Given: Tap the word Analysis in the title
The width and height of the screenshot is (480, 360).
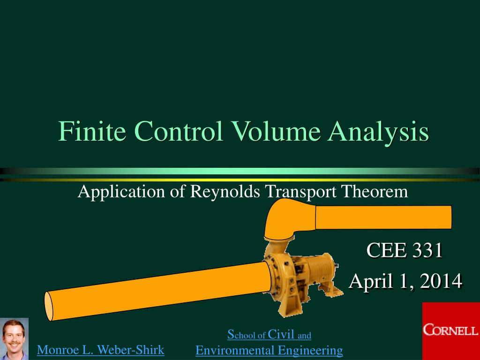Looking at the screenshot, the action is click(x=378, y=133).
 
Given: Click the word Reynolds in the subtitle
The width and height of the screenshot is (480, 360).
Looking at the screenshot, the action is click(x=225, y=191).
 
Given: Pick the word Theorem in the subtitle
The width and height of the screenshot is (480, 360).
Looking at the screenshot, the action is click(x=375, y=191).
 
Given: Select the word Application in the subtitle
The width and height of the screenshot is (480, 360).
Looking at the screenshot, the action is click(x=121, y=192).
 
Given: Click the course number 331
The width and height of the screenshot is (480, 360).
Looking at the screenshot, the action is click(x=427, y=250).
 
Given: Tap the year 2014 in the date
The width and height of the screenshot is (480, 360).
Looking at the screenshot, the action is click(x=441, y=281).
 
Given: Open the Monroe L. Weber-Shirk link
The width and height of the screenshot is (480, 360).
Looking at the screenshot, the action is click(x=100, y=350).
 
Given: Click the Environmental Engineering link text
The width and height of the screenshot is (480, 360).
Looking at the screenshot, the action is click(x=269, y=350).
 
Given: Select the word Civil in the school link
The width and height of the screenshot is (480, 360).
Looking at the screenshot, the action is click(x=281, y=334).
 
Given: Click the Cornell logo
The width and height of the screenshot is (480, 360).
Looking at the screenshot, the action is click(x=451, y=331).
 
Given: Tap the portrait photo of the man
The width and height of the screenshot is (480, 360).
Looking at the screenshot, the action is click(x=14, y=339).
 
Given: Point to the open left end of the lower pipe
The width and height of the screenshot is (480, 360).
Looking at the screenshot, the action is click(x=48, y=306).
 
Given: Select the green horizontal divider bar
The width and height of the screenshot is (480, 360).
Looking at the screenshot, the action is click(x=240, y=171).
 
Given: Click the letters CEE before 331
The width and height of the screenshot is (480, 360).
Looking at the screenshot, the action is click(x=386, y=250).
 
